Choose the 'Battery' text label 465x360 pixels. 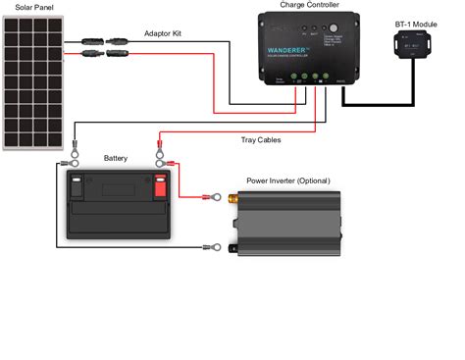116,158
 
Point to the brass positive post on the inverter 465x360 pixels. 233,199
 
